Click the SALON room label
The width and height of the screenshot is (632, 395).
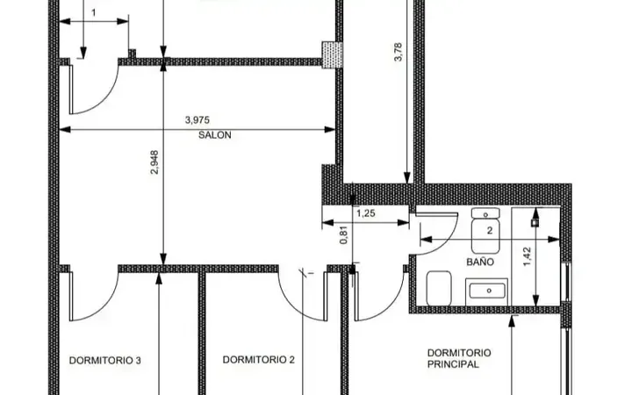(215, 135)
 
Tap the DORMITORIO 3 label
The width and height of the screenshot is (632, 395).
(105, 361)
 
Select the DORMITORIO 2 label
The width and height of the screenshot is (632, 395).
(259, 360)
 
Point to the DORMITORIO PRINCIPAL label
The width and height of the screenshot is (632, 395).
(459, 358)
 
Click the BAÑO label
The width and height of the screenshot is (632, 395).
(480, 262)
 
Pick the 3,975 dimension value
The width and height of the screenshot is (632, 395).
(197, 120)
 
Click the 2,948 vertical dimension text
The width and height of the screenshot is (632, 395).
(154, 162)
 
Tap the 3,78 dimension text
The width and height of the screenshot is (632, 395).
(398, 52)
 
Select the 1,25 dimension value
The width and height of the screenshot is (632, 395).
(366, 213)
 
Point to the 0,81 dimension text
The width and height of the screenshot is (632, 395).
(344, 235)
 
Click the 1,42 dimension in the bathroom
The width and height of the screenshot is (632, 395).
(528, 256)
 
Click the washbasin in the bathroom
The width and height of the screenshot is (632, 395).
(486, 291)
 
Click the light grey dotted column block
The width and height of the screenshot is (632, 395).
(332, 54)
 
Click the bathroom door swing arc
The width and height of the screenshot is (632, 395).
(449, 240)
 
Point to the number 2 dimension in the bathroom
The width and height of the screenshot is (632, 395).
(490, 231)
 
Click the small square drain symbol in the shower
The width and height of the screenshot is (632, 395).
(535, 222)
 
